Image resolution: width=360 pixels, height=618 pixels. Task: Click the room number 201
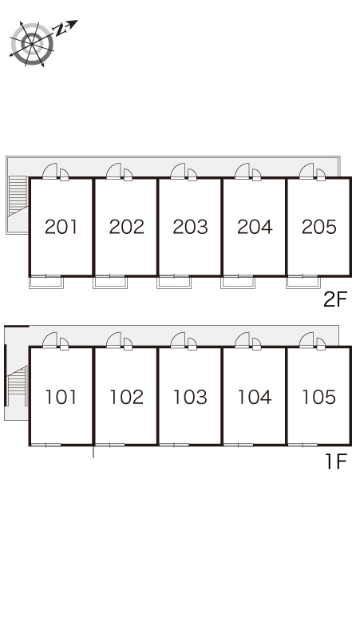point(61,227)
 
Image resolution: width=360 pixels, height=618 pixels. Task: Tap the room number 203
point(190,227)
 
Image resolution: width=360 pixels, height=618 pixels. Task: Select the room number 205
point(319,227)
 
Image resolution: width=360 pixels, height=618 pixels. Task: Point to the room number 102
point(126,397)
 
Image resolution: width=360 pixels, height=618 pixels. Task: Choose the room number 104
point(255,397)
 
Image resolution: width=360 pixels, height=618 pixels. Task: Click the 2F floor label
point(335,300)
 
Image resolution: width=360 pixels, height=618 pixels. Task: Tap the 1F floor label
point(336,462)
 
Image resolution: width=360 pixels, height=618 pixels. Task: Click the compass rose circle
point(32,43)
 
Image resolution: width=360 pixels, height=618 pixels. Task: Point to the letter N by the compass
point(60,30)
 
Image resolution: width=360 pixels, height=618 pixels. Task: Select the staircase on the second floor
point(18,196)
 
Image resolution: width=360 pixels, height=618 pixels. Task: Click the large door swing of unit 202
point(114,171)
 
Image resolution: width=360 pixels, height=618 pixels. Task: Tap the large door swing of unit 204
point(242,171)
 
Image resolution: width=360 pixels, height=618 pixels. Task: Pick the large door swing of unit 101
point(49,340)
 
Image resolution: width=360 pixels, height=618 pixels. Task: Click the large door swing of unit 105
point(307,340)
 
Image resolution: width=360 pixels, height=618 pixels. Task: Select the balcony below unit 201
point(46,282)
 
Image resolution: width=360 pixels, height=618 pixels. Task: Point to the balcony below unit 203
point(174,282)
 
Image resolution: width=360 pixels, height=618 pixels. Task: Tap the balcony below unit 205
point(303,282)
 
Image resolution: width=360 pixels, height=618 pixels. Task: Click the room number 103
point(190,397)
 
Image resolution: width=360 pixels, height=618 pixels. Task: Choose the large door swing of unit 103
point(178,340)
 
